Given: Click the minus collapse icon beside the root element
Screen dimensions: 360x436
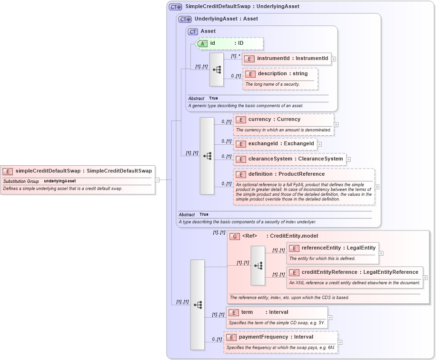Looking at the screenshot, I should pos(157,180).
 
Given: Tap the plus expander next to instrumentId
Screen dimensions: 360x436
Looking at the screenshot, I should pos(334,59).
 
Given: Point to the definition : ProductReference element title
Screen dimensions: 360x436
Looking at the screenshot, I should pos(286,174).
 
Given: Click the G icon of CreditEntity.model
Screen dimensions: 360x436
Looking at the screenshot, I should pos(234,236).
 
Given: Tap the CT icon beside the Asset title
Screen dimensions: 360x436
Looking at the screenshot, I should pos(193,31).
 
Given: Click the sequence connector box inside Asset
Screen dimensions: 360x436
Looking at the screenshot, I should pos(217,70).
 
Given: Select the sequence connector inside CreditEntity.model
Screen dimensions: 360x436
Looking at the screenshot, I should pos(258,266).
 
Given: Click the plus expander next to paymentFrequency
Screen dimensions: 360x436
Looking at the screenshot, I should pos(340,342).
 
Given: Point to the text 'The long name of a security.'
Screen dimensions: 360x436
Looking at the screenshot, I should pos(272,84).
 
